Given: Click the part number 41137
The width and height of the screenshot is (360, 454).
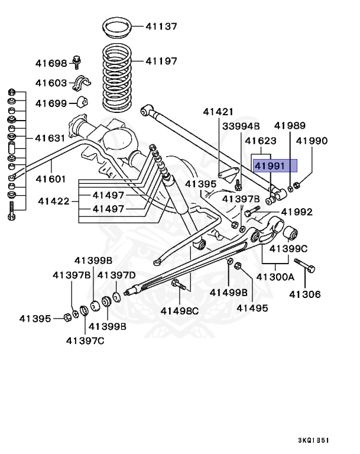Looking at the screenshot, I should click(x=161, y=26).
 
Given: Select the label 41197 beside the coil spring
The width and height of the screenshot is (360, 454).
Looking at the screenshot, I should click(x=161, y=60).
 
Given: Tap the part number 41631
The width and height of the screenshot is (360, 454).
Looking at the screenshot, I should click(x=50, y=138).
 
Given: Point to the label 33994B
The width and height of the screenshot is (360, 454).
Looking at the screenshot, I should click(x=241, y=126).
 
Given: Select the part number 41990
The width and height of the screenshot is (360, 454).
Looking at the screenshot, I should click(x=312, y=141).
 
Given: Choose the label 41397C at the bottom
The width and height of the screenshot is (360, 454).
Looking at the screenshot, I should click(x=85, y=340).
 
